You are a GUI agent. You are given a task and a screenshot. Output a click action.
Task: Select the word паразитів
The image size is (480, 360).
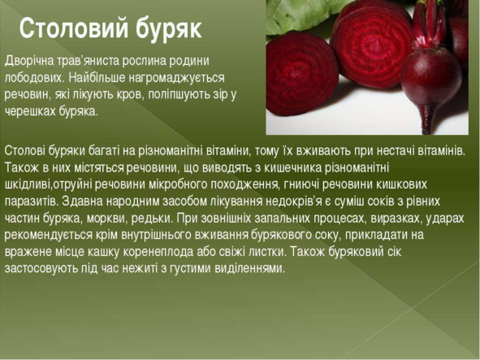point(31,202)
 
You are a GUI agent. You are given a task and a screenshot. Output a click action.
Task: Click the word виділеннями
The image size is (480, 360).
point(250,269)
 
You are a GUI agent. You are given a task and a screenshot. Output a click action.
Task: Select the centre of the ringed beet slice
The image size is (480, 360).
point(372,47)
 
